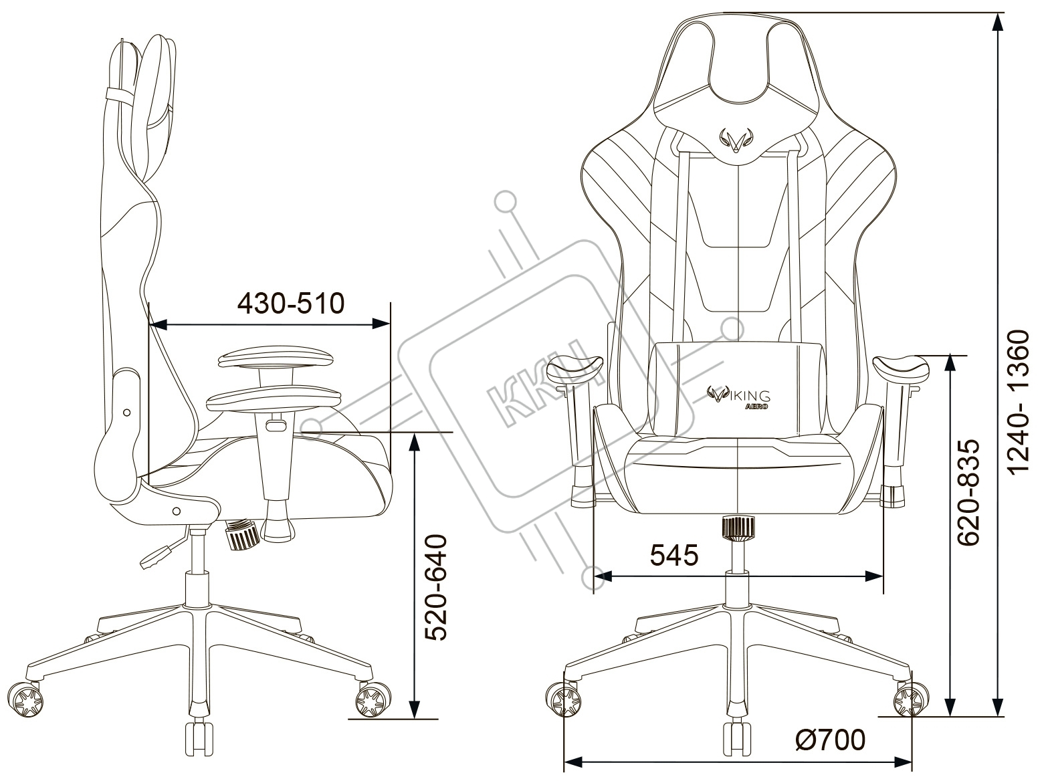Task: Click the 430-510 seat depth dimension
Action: pos(291,304)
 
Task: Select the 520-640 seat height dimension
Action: pos(436,588)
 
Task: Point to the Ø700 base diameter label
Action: pos(831,740)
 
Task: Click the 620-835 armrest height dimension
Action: pos(969,492)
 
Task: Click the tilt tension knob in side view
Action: pos(241,535)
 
